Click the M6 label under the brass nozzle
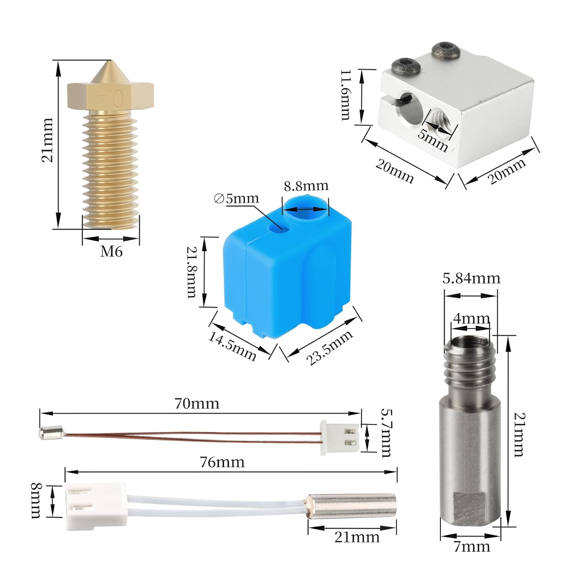point(111,251)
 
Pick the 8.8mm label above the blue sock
point(306,186)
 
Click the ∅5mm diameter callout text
point(237,198)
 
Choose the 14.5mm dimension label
point(232,346)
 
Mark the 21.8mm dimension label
point(192,272)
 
